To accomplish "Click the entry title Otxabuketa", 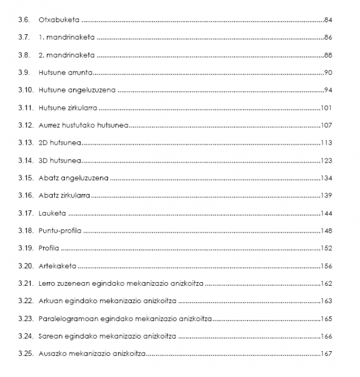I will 57,20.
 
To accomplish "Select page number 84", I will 327,20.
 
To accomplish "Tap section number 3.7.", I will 24,37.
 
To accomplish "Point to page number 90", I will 327,73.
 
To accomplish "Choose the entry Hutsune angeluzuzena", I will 77,90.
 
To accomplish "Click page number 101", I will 326,108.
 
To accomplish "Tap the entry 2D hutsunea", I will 59,143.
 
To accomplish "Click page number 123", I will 326,160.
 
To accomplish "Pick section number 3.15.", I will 26,178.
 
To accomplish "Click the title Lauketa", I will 52,213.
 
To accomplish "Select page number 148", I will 326,231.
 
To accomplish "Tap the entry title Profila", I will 49,248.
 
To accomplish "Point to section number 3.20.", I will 26,266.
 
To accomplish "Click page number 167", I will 326,354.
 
